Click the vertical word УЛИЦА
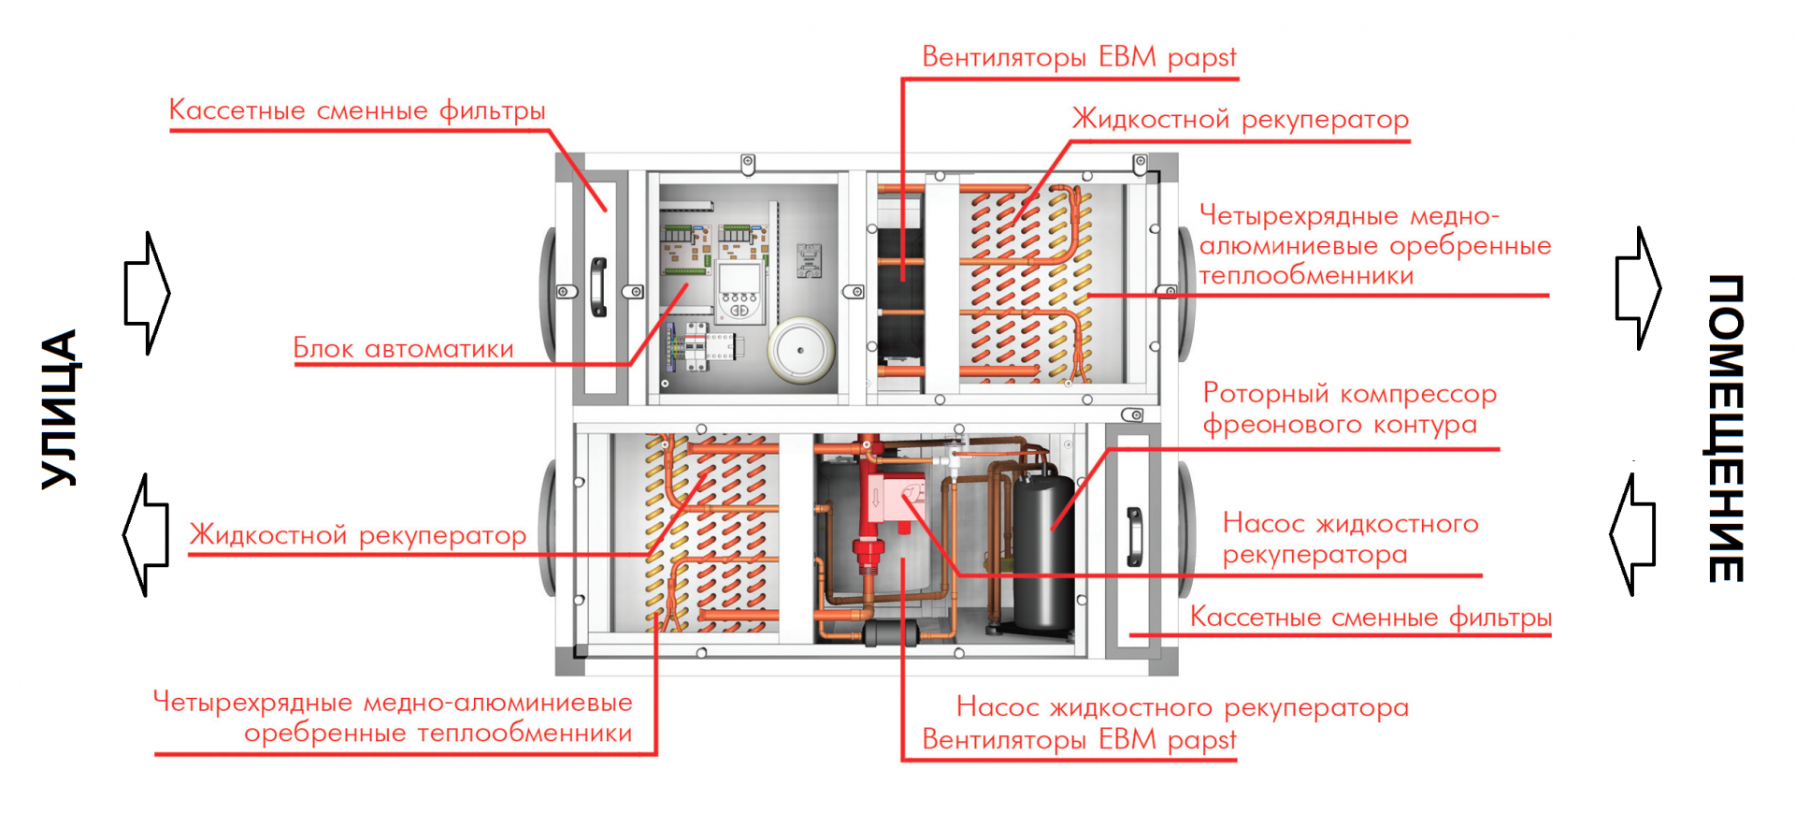click(59, 409)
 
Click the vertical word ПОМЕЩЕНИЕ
click(1726, 428)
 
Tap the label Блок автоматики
click(403, 348)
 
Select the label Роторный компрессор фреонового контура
click(1349, 408)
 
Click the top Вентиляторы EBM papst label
click(1079, 57)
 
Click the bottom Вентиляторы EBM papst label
click(1079, 739)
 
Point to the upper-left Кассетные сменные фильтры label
click(357, 110)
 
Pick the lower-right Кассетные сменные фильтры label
click(1371, 618)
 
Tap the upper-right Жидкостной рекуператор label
click(1240, 120)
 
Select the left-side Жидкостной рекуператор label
click(358, 535)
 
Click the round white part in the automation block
click(800, 349)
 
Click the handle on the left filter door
click(598, 287)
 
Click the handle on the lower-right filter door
click(1134, 537)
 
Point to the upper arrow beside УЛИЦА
click(147, 293)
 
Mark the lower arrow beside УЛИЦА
click(146, 534)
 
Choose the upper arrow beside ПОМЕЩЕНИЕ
click(1639, 288)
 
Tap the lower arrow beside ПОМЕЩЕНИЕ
click(1632, 534)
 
